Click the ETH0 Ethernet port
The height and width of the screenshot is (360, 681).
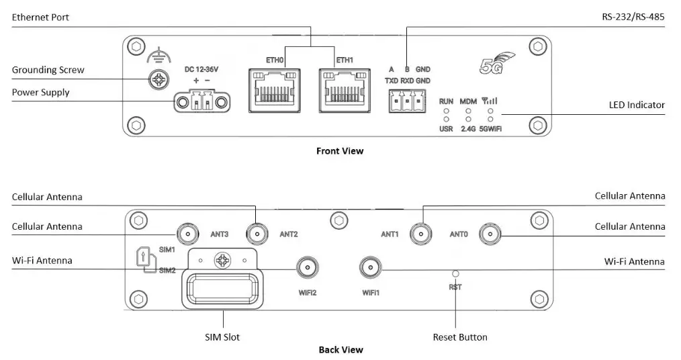[x=275, y=90]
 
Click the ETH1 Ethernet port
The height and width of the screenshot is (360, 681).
[x=345, y=90]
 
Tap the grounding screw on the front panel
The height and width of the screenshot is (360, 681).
[x=158, y=81]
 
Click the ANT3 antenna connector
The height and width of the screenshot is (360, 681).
[x=187, y=234]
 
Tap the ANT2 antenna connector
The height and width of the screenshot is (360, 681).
[x=257, y=234]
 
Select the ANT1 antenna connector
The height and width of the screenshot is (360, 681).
[x=422, y=234]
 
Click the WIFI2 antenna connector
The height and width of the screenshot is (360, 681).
[x=307, y=269]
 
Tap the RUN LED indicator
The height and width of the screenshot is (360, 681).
[x=446, y=110]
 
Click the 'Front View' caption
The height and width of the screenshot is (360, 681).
[x=340, y=151]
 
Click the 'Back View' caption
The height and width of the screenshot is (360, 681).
[x=340, y=349]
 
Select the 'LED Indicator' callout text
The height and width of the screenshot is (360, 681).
[x=637, y=105]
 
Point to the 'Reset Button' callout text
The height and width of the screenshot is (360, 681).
[x=460, y=336]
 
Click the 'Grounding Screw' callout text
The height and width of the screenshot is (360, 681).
[x=48, y=70]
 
